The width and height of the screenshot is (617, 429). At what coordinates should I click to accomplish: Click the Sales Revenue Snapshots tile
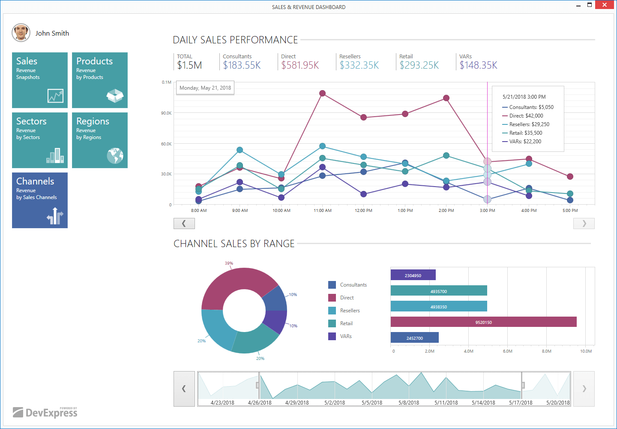pyautogui.click(x=40, y=80)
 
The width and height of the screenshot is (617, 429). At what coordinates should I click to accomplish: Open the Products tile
pyautogui.click(x=100, y=80)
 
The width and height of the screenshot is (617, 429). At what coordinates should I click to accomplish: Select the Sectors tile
pyautogui.click(x=40, y=140)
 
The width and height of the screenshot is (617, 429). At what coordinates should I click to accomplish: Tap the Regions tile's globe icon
pyautogui.click(x=115, y=156)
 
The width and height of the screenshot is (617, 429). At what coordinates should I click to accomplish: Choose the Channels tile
pyautogui.click(x=40, y=200)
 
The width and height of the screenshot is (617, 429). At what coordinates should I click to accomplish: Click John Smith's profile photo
pyautogui.click(x=21, y=33)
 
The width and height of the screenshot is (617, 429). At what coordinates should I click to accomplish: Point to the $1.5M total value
pyautogui.click(x=189, y=65)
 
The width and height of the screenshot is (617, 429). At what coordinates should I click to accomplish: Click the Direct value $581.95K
pyautogui.click(x=300, y=65)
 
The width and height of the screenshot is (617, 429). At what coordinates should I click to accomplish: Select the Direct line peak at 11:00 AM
pyautogui.click(x=322, y=94)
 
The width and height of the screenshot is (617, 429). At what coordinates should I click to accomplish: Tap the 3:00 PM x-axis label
pyautogui.click(x=487, y=211)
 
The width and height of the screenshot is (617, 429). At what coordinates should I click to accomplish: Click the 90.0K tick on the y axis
pyautogui.click(x=166, y=113)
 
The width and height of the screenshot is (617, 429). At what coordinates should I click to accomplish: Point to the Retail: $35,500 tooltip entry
pyautogui.click(x=525, y=133)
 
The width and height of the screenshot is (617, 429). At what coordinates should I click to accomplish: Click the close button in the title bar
pyautogui.click(x=605, y=5)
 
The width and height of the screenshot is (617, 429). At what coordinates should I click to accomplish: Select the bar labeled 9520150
pyautogui.click(x=483, y=322)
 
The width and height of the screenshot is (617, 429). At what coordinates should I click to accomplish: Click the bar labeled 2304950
pyautogui.click(x=413, y=275)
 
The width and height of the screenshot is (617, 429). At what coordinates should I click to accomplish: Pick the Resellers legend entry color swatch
pyautogui.click(x=332, y=311)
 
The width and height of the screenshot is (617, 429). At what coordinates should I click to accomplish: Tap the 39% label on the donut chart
pyautogui.click(x=229, y=263)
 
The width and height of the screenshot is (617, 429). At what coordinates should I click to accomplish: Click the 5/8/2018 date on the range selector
pyautogui.click(x=409, y=403)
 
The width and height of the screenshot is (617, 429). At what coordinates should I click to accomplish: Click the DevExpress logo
pyautogui.click(x=45, y=412)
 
